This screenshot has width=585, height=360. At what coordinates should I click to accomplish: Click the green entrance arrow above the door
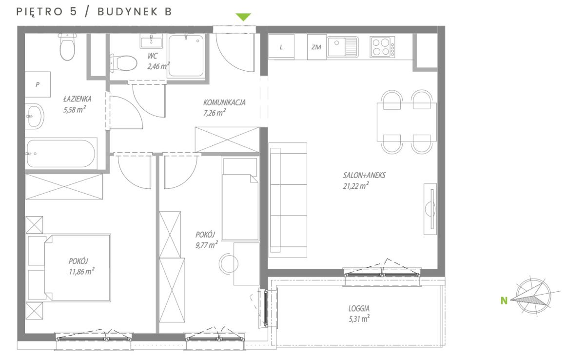click(x=243, y=17)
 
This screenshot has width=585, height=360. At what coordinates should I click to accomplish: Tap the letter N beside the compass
click(x=504, y=300)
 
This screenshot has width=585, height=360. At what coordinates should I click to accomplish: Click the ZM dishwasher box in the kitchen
click(x=316, y=47)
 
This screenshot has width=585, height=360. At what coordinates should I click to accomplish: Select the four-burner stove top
click(x=382, y=47)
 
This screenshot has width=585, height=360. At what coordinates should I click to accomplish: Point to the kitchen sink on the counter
click(x=342, y=47)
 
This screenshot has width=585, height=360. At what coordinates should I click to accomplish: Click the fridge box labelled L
click(x=281, y=47)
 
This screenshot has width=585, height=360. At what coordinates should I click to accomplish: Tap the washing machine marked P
click(x=38, y=84)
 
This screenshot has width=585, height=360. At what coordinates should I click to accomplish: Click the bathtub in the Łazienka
click(x=61, y=154)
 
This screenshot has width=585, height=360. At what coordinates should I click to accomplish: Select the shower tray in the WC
click(x=186, y=56)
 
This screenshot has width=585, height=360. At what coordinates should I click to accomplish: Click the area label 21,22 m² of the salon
click(x=356, y=186)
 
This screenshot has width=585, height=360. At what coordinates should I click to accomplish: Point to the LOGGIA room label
click(x=359, y=308)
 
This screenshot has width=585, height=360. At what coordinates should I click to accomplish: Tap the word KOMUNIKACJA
click(x=224, y=102)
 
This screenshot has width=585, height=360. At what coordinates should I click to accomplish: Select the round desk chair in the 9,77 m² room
click(x=228, y=263)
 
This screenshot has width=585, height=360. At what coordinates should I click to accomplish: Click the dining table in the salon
click(x=407, y=122)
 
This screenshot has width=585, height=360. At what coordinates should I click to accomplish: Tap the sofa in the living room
click(x=288, y=200)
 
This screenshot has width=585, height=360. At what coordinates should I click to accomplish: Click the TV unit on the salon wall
click(x=430, y=209)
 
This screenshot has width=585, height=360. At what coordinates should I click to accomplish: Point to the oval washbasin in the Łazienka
click(x=35, y=116)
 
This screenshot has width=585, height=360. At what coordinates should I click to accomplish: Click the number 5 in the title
click(x=74, y=12)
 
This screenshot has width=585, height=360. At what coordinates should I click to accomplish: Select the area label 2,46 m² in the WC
click(x=158, y=66)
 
